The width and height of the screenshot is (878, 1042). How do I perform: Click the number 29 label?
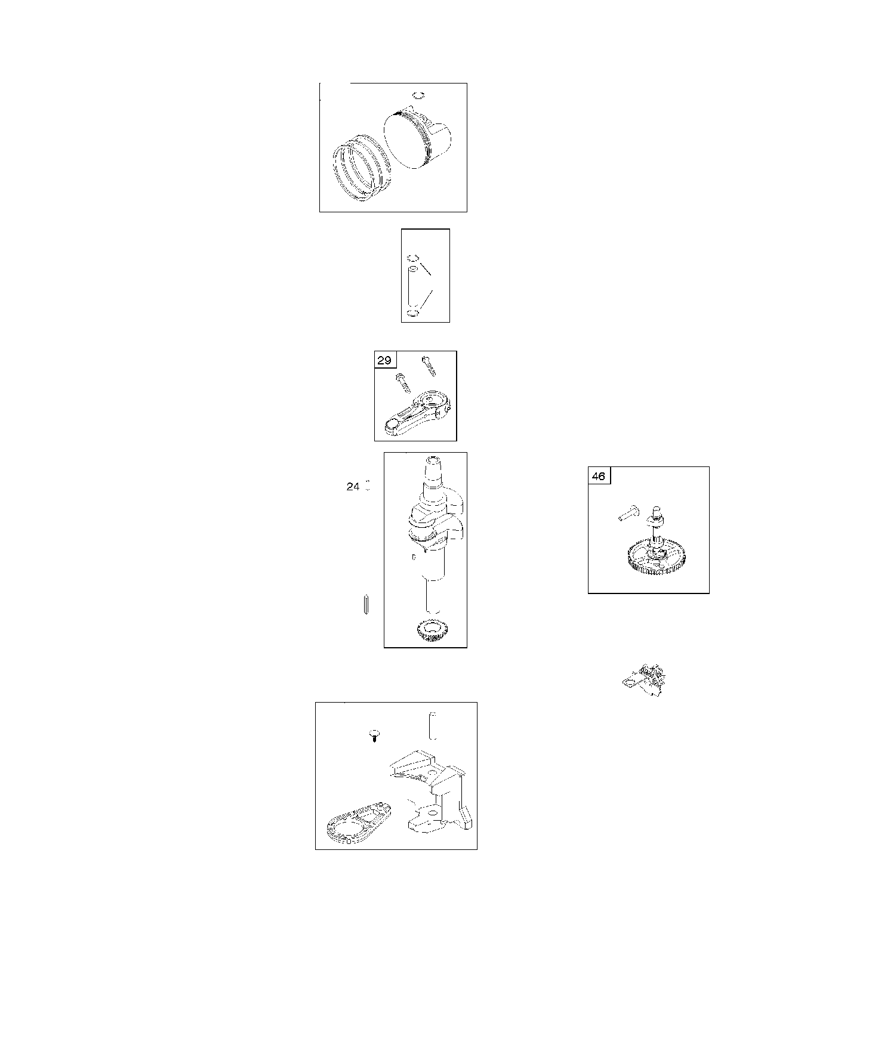point(384,360)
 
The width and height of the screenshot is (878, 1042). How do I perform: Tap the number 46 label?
point(599,477)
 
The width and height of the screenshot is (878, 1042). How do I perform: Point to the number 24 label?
point(353,487)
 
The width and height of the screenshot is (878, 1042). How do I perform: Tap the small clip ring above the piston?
point(419,95)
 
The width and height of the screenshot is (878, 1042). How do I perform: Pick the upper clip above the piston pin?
point(411,258)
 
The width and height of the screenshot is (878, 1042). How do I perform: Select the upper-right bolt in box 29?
point(429,366)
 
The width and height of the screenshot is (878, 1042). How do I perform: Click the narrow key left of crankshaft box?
point(366,603)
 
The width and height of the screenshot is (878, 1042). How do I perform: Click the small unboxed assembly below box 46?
point(645,680)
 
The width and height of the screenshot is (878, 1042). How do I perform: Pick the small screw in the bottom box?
point(374,735)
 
